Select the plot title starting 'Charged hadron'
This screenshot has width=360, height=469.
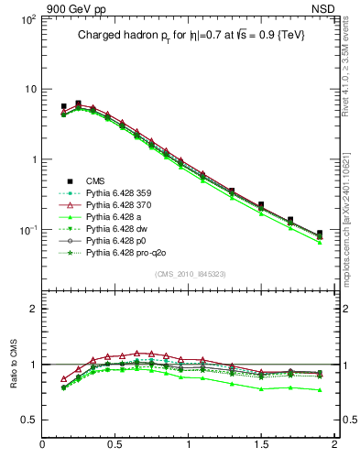(189, 35)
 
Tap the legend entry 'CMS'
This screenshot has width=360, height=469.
(96, 180)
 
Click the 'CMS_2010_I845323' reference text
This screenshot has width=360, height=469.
(189, 274)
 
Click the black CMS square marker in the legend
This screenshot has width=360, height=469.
(63, 180)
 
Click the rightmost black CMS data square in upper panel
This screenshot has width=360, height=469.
(320, 234)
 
